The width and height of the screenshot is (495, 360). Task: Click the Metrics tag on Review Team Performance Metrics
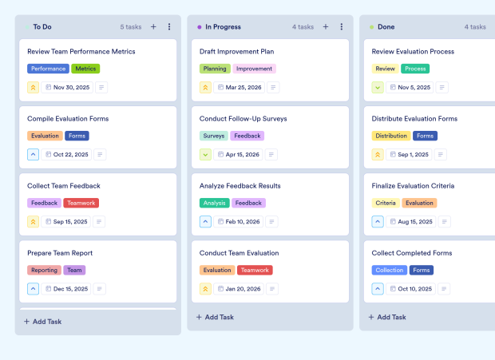tap(85, 69)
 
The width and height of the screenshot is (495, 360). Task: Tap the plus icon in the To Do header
tap(153, 27)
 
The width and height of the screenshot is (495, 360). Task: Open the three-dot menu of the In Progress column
tap(341, 27)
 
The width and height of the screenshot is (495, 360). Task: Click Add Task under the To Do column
tap(47, 322)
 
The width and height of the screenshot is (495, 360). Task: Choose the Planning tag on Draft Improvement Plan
tap(215, 69)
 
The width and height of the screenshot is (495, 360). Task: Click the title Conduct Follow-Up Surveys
tap(243, 119)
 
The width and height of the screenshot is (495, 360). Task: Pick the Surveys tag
tap(214, 136)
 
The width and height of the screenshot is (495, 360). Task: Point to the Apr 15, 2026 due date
tap(243, 155)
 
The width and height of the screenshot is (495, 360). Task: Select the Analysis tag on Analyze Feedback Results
tap(214, 203)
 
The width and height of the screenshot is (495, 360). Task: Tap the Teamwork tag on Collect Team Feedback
tap(81, 203)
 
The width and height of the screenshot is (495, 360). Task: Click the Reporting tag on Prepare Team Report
tap(44, 270)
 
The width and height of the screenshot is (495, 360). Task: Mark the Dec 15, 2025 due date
tap(70, 289)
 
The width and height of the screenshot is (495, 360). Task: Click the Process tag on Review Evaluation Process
tap(415, 69)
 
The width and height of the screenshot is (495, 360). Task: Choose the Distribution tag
tap(391, 136)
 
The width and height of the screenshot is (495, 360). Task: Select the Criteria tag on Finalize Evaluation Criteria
tap(386, 203)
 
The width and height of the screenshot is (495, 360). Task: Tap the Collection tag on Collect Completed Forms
tap(390, 270)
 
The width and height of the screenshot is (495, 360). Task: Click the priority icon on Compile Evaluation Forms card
tap(34, 155)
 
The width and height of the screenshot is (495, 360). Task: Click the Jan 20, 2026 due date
tap(242, 289)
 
